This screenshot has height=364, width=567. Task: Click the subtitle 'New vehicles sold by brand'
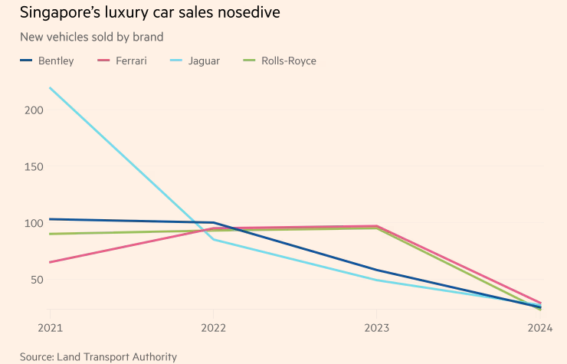click(91, 37)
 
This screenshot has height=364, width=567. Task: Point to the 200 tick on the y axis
click(34, 110)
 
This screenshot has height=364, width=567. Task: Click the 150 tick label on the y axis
click(34, 166)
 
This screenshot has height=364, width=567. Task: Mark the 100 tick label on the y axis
click(34, 223)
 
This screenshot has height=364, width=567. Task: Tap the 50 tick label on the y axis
click(37, 280)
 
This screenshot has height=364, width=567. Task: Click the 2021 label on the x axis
click(50, 328)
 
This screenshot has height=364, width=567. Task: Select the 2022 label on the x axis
click(213, 328)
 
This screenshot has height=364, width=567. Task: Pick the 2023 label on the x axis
click(376, 328)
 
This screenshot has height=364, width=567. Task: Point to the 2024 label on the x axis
click(539, 328)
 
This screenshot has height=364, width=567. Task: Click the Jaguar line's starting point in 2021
click(50, 87)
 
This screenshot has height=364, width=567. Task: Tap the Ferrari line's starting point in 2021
click(50, 262)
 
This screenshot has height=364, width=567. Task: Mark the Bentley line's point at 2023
click(376, 270)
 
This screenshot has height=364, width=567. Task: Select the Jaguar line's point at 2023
click(376, 280)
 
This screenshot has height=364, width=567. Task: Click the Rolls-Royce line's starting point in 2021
click(50, 234)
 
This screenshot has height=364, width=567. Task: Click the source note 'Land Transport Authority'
click(98, 356)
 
